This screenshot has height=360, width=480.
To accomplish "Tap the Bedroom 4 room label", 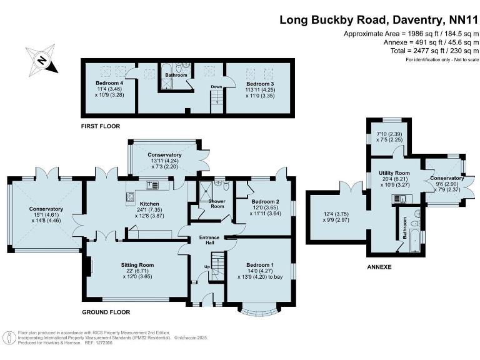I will coord(109,83).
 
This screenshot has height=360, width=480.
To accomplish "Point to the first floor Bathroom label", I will coord(176,76).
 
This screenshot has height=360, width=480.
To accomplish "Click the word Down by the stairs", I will coord(216,87).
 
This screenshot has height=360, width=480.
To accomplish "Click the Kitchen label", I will coord(149,204).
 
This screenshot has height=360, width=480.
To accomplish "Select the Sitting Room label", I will coord(137,266).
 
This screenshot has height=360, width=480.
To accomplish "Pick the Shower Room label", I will coord(216,203).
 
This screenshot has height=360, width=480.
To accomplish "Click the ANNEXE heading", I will coord(379,267).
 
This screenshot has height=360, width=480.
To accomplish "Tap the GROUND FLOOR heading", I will coord(106,311).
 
